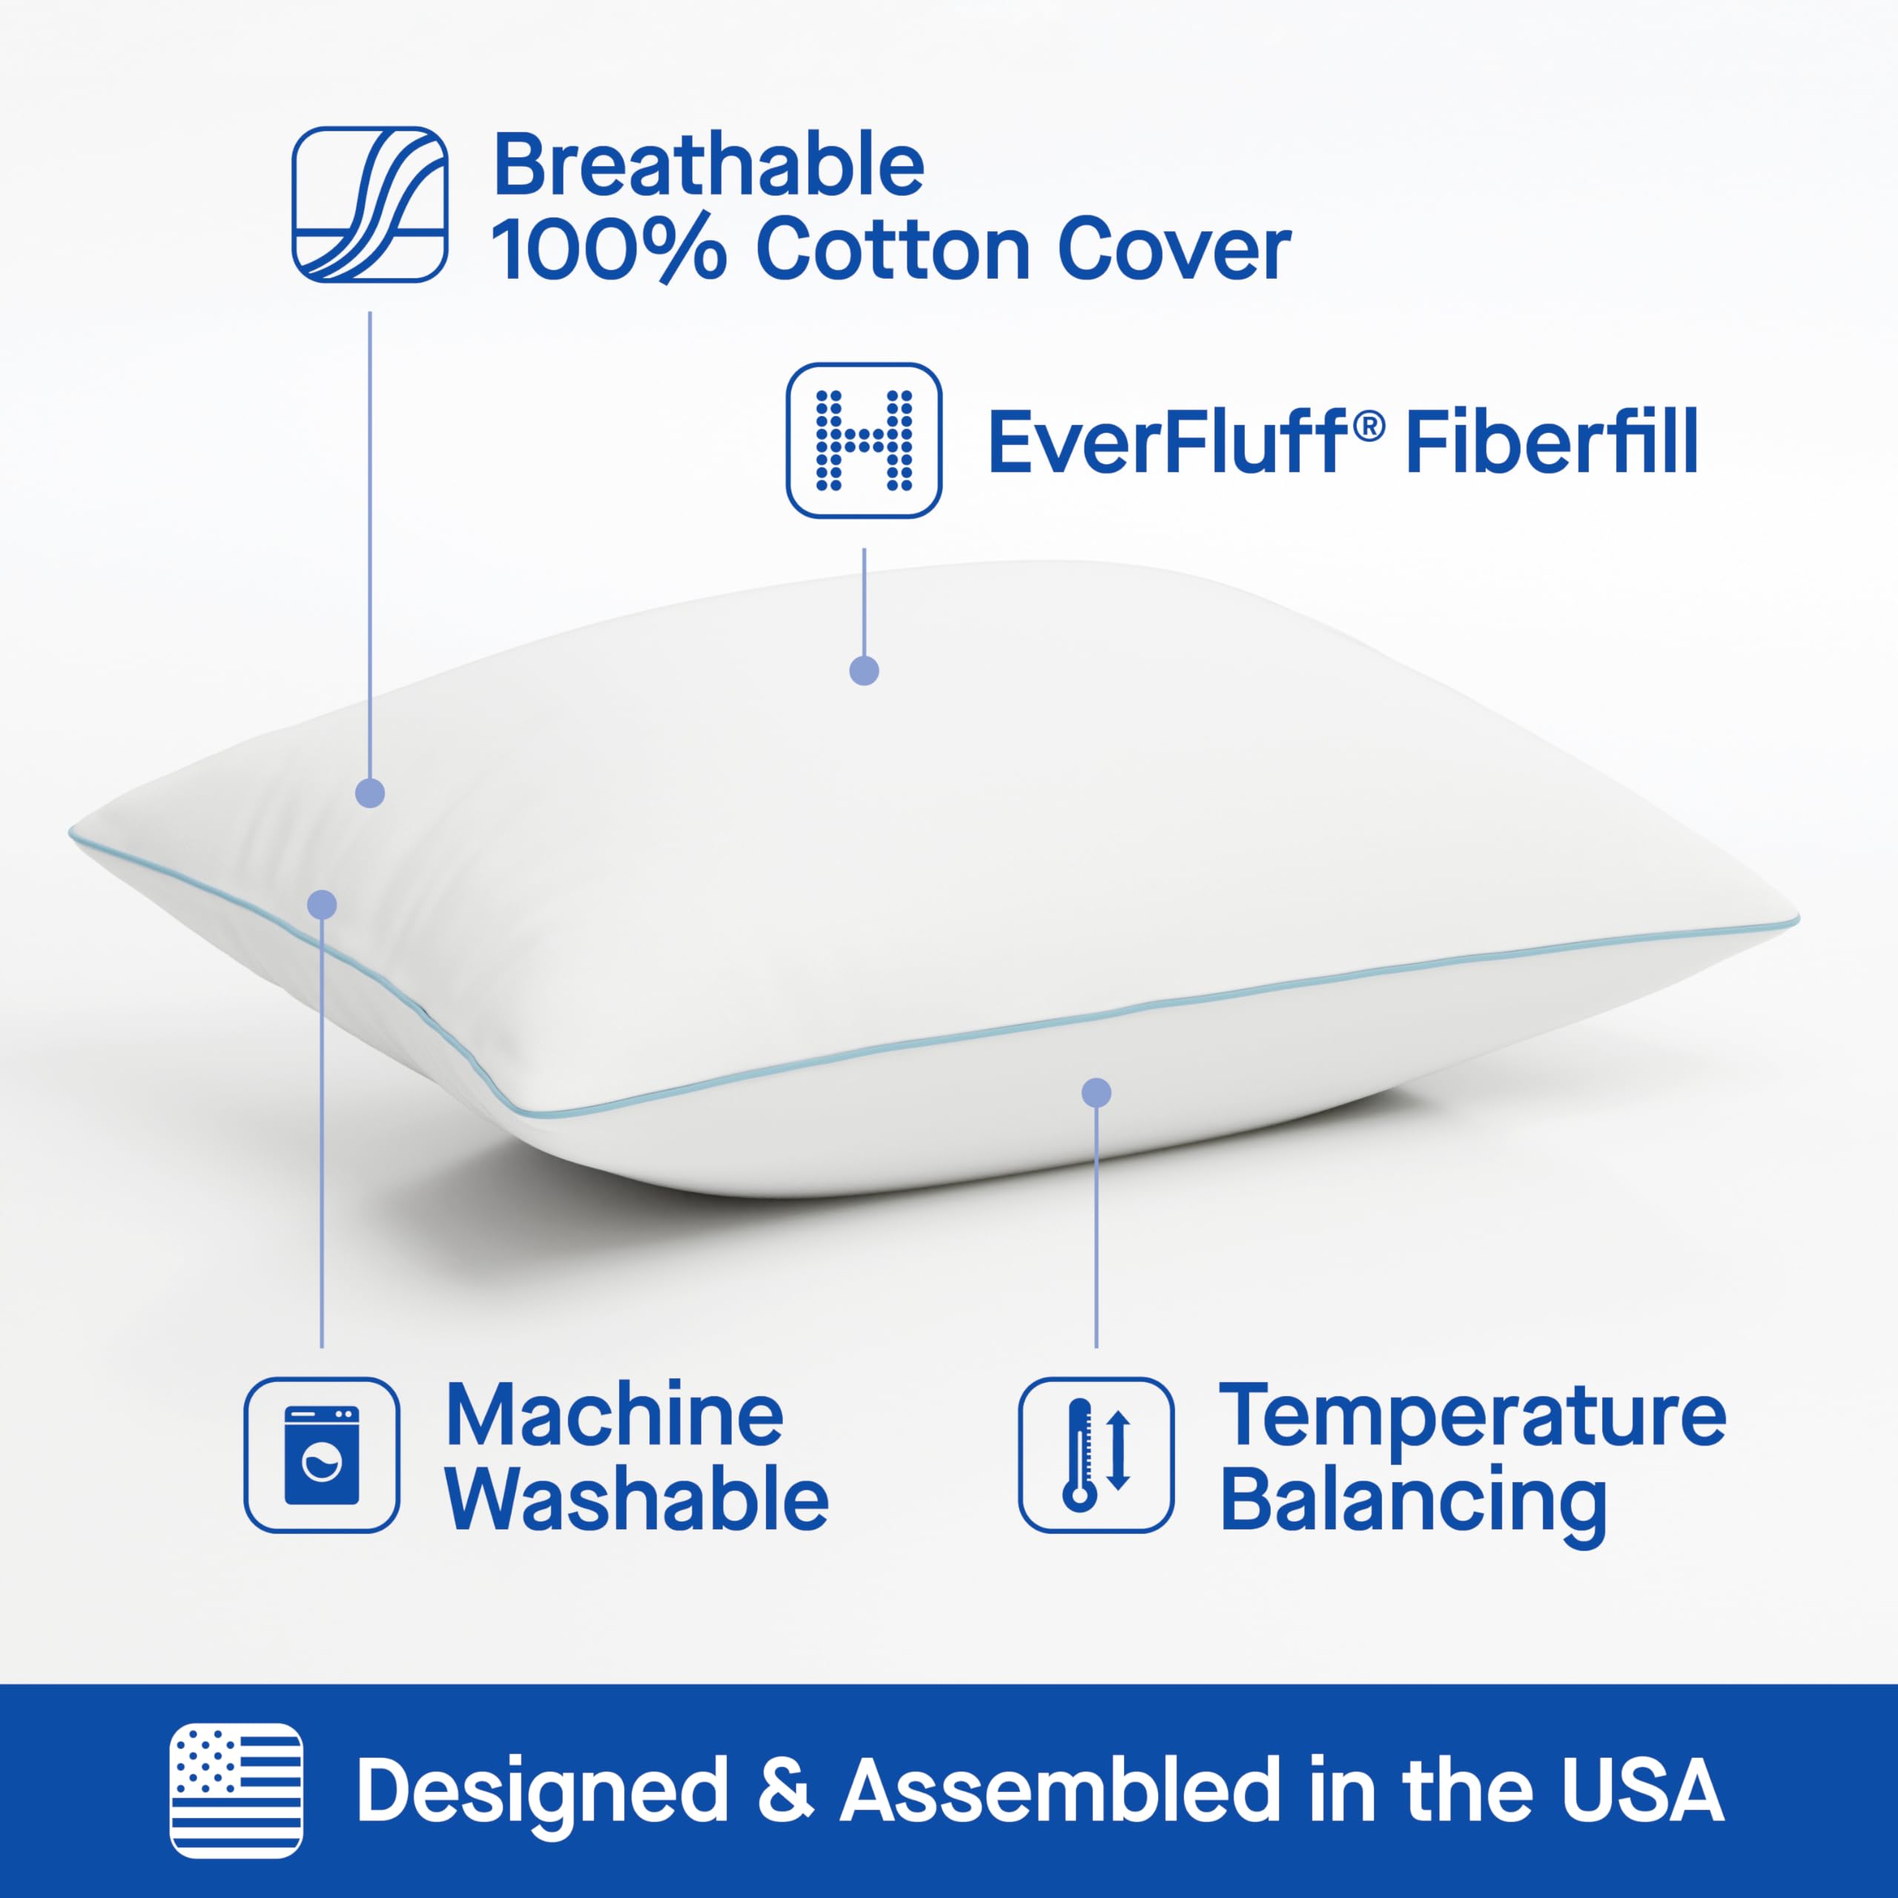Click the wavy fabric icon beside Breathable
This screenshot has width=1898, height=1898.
[x=369, y=205]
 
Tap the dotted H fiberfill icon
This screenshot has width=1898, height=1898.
[x=864, y=440]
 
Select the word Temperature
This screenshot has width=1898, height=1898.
[x=1472, y=1418]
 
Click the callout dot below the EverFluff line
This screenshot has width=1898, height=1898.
[x=864, y=671]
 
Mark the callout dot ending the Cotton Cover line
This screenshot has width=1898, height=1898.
[x=369, y=793]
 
